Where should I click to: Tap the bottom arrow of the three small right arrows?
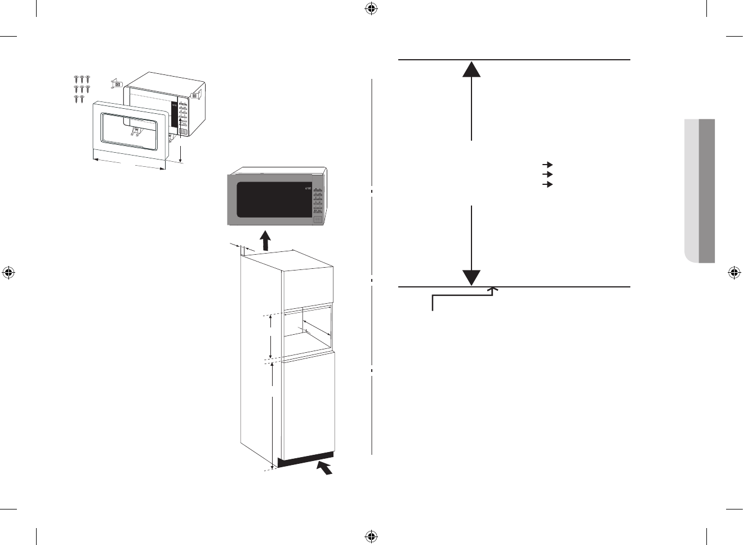click(547, 184)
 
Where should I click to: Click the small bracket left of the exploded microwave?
click(117, 84)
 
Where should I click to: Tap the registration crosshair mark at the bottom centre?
click(371, 536)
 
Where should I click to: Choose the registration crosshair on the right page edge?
click(734, 273)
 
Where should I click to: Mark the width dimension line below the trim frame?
click(129, 163)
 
